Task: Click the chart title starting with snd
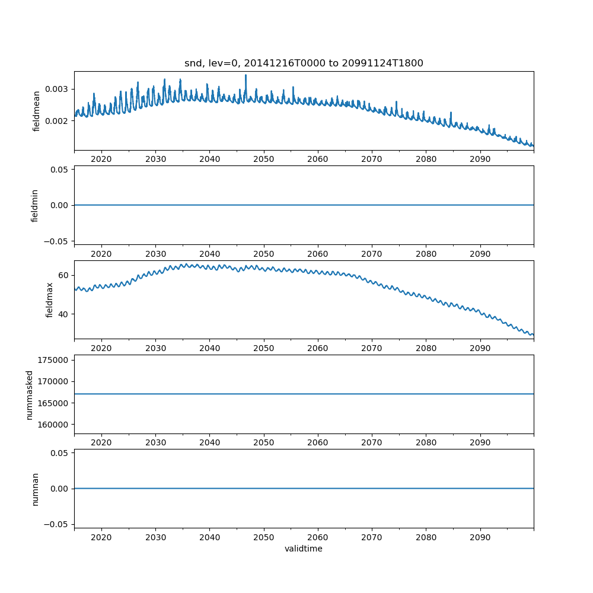click(x=304, y=63)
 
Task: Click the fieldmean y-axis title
click(x=37, y=111)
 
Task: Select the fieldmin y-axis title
click(x=35, y=205)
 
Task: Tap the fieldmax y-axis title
click(x=50, y=299)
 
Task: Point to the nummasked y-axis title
click(x=29, y=394)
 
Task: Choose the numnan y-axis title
click(x=35, y=489)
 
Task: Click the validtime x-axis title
click(x=304, y=549)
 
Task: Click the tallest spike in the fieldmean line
click(x=246, y=75)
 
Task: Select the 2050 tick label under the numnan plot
click(x=264, y=536)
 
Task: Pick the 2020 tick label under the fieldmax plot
click(x=101, y=347)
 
